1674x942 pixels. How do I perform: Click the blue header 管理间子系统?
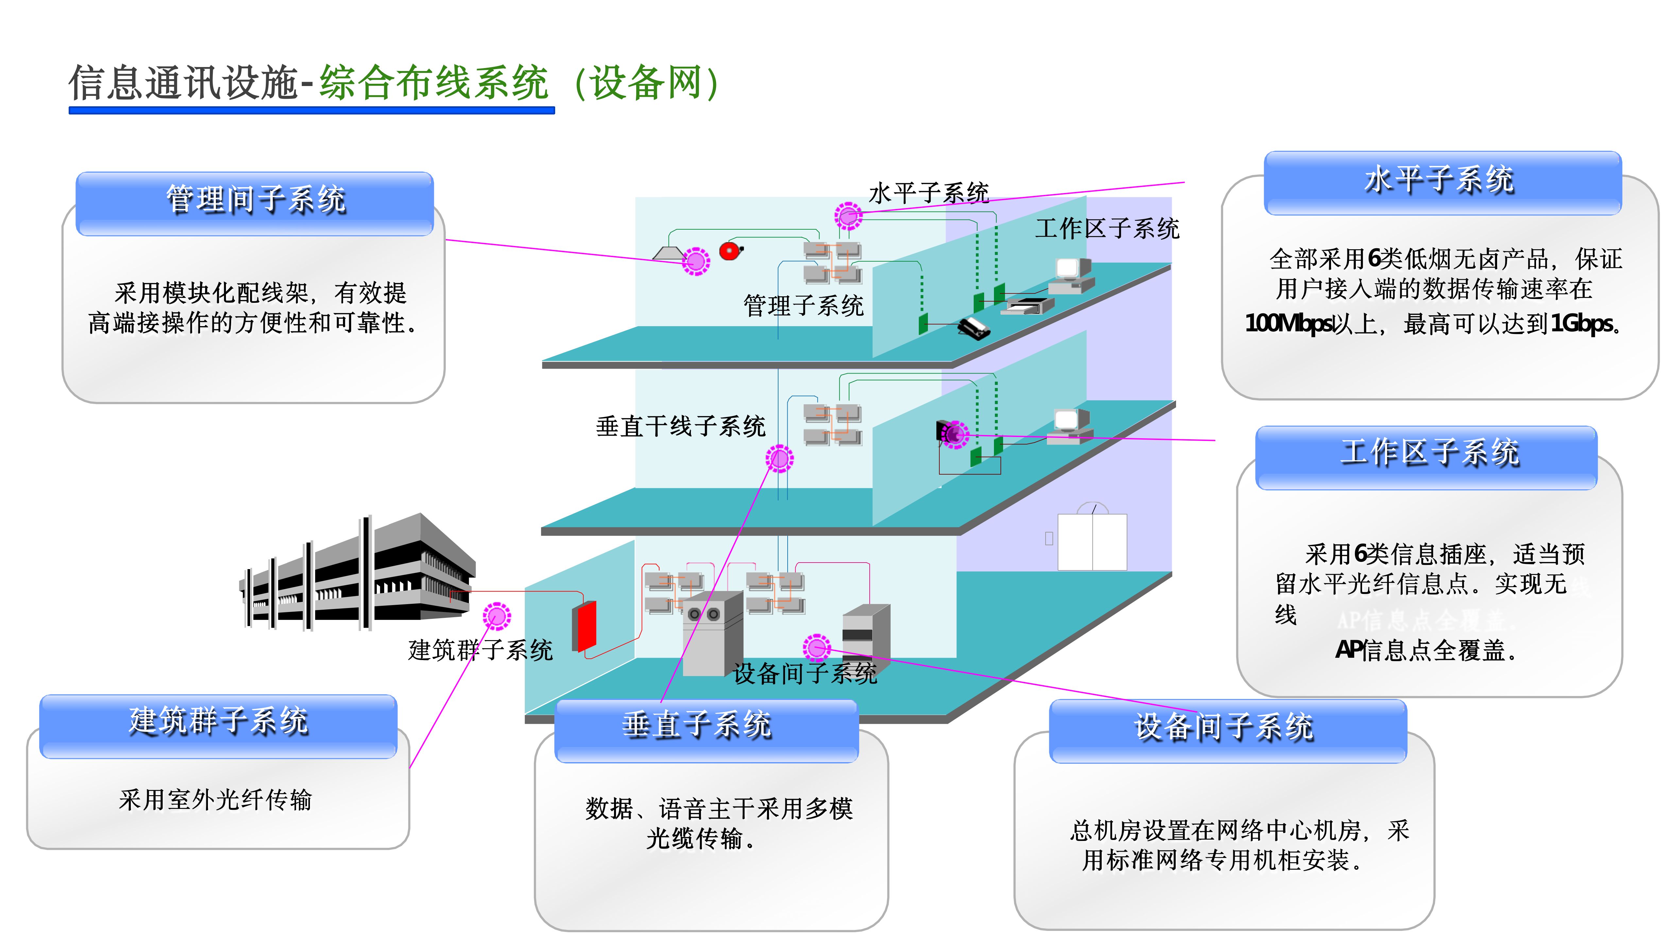(x=255, y=200)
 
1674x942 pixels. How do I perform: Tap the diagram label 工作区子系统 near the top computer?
(x=1107, y=229)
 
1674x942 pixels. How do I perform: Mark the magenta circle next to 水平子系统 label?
(x=848, y=216)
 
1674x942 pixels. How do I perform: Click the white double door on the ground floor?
(x=1092, y=542)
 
